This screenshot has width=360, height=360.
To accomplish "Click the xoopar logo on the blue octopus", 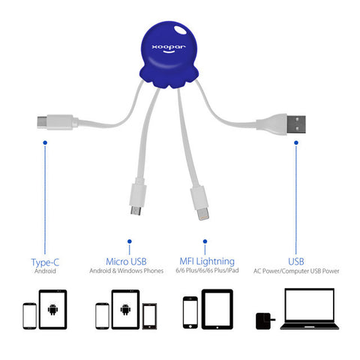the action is pyautogui.click(x=169, y=48).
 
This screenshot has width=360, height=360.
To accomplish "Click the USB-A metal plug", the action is pyautogui.click(x=296, y=124).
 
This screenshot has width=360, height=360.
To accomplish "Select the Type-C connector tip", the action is pyautogui.click(x=42, y=122).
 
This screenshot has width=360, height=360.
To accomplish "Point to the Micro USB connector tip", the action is pyautogui.click(x=136, y=211).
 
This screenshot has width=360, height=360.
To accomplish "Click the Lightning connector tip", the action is pyautogui.click(x=202, y=214).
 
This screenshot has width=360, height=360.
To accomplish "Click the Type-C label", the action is pyautogui.click(x=45, y=262).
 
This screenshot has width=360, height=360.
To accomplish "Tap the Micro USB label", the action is pyautogui.click(x=126, y=262).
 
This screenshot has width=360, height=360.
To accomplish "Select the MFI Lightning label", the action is pyautogui.click(x=207, y=262).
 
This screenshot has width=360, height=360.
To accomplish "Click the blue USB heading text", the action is pyautogui.click(x=296, y=262).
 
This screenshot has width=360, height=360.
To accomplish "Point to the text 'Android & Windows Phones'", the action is pyautogui.click(x=127, y=271).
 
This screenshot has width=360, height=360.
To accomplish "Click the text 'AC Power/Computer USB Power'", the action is pyautogui.click(x=296, y=271).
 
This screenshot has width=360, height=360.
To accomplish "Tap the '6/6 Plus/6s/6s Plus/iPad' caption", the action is pyautogui.click(x=207, y=270).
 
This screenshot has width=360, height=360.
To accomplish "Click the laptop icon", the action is pyautogui.click(x=310, y=309).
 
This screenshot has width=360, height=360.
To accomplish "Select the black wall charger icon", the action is pyautogui.click(x=265, y=321).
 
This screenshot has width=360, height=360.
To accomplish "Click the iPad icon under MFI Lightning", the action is pyautogui.click(x=217, y=309).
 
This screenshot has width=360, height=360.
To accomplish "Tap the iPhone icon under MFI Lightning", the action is pyautogui.click(x=190, y=313).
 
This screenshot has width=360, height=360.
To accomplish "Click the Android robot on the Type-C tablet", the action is pyautogui.click(x=52, y=310).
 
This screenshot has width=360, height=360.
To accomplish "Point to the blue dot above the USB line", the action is pyautogui.click(x=296, y=142).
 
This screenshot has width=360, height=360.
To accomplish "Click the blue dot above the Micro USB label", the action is pyautogui.click(x=130, y=241).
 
